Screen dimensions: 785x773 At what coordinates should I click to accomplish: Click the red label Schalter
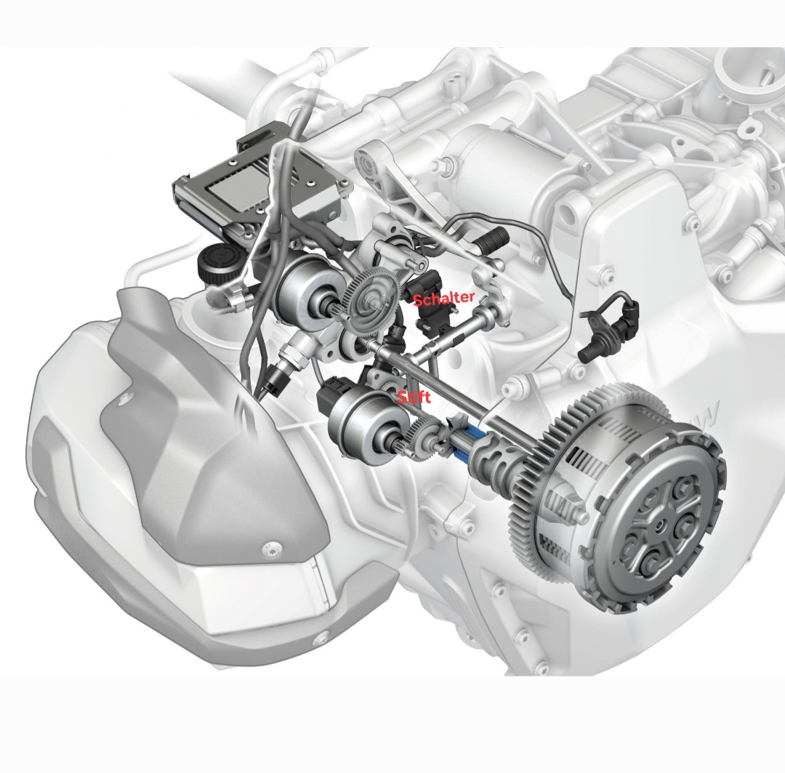click(443, 298)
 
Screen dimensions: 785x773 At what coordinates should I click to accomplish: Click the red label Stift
click(414, 397)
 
